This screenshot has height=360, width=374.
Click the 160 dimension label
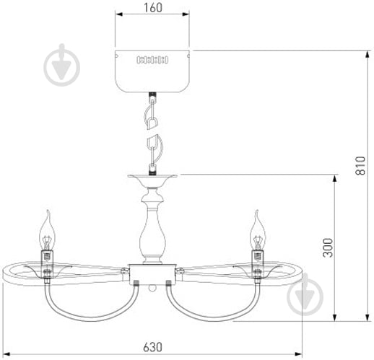pyautogui.click(x=152, y=7)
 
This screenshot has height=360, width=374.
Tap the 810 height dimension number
pyautogui.click(x=360, y=165)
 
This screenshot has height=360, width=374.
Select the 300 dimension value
pyautogui.click(x=328, y=247)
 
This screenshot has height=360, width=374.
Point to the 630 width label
pyautogui.click(x=153, y=347)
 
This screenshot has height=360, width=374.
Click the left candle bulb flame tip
pyautogui.click(x=48, y=210)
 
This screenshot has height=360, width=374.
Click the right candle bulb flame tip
pyautogui.click(x=257, y=211)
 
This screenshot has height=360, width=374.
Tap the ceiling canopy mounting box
pyautogui.click(x=152, y=71)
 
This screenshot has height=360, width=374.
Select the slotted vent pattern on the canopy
pyautogui.click(x=152, y=60)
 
